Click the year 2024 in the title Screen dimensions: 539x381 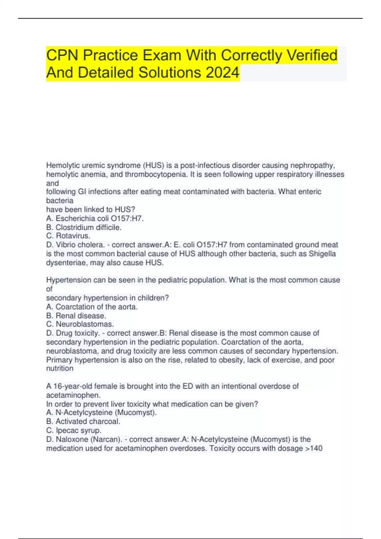pos(222,72)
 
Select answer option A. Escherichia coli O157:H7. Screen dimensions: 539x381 pos(95,218)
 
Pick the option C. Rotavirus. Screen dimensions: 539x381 pos(68,236)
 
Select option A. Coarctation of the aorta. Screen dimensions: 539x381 pos(92,307)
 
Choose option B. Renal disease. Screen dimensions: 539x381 pos(76,315)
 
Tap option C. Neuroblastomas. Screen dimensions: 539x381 pos(80,324)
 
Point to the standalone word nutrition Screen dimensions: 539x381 pos(60,368)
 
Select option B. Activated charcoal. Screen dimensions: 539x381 pos(83,421)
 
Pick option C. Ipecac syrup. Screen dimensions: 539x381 pos(74,430)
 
